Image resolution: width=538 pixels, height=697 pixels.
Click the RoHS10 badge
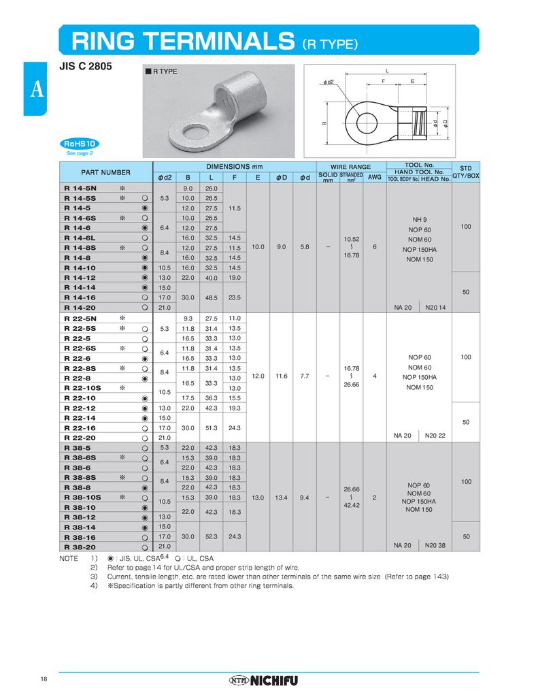(x=80, y=144)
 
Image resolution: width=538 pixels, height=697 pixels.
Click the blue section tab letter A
(x=35, y=89)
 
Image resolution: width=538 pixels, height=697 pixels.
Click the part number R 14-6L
(x=80, y=238)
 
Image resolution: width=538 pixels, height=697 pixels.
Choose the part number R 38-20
(x=80, y=547)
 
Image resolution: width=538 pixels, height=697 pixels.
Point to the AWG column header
(x=375, y=177)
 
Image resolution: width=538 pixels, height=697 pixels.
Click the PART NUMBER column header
(x=105, y=172)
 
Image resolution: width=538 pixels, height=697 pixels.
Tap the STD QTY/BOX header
(x=466, y=172)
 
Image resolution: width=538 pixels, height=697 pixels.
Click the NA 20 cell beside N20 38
(x=403, y=546)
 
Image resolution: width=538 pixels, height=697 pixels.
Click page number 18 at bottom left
(x=44, y=679)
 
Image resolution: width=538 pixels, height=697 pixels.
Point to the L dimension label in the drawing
(x=386, y=71)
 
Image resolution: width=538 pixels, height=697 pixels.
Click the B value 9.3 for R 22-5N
(x=188, y=318)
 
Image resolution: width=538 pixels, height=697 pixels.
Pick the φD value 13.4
(x=281, y=498)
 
